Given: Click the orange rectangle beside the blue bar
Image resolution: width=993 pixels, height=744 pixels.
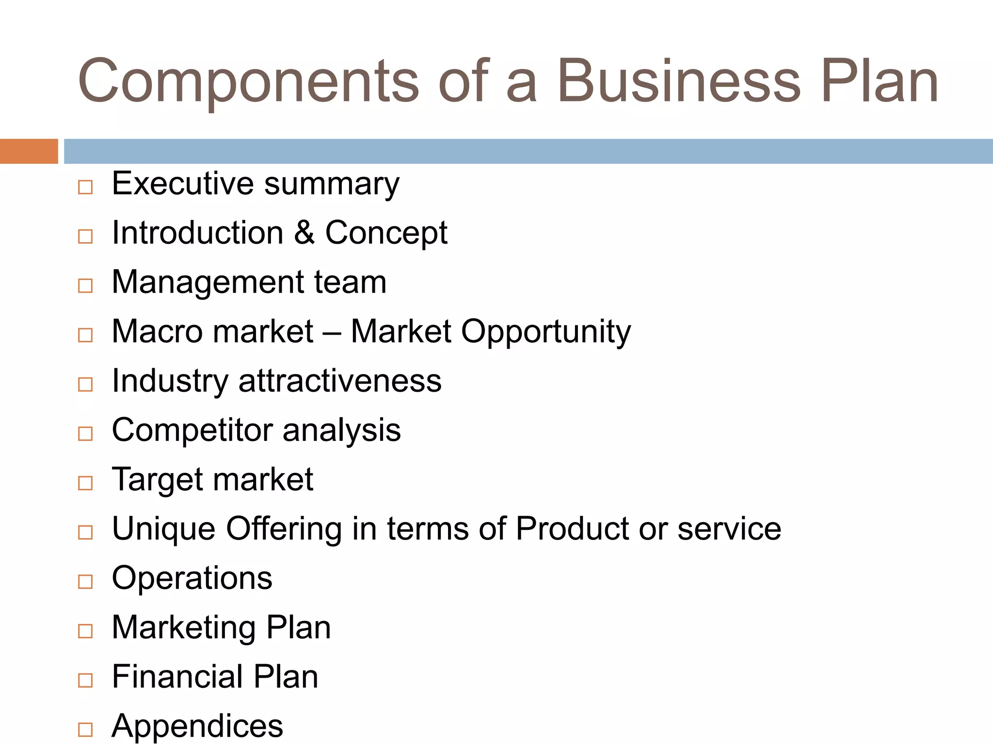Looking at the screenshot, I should point(29,151).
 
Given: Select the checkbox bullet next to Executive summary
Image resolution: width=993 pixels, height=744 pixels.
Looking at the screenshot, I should point(85,187).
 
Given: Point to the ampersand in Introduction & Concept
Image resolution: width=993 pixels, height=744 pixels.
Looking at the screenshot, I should point(304,232).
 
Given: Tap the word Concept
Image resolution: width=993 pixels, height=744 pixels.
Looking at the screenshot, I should point(386,233).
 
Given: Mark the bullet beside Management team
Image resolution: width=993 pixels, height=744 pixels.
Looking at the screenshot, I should point(85,286).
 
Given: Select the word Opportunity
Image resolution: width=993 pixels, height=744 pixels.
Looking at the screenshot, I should point(546,332).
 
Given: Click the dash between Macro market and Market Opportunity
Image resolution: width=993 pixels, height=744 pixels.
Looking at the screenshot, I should point(332,332).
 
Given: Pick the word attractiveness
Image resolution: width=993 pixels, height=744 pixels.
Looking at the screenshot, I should point(340,381).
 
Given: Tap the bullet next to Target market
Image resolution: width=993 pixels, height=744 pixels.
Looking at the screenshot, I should point(85,483).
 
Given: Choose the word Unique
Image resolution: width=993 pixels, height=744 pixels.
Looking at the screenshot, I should point(163,528).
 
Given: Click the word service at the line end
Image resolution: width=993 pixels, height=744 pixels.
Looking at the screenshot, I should point(729,528).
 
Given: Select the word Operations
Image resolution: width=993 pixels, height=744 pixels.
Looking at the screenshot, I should point(192,578).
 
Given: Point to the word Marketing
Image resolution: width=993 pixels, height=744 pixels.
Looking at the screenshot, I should point(184,628).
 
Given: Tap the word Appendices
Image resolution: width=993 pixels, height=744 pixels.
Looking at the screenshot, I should point(197,726).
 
